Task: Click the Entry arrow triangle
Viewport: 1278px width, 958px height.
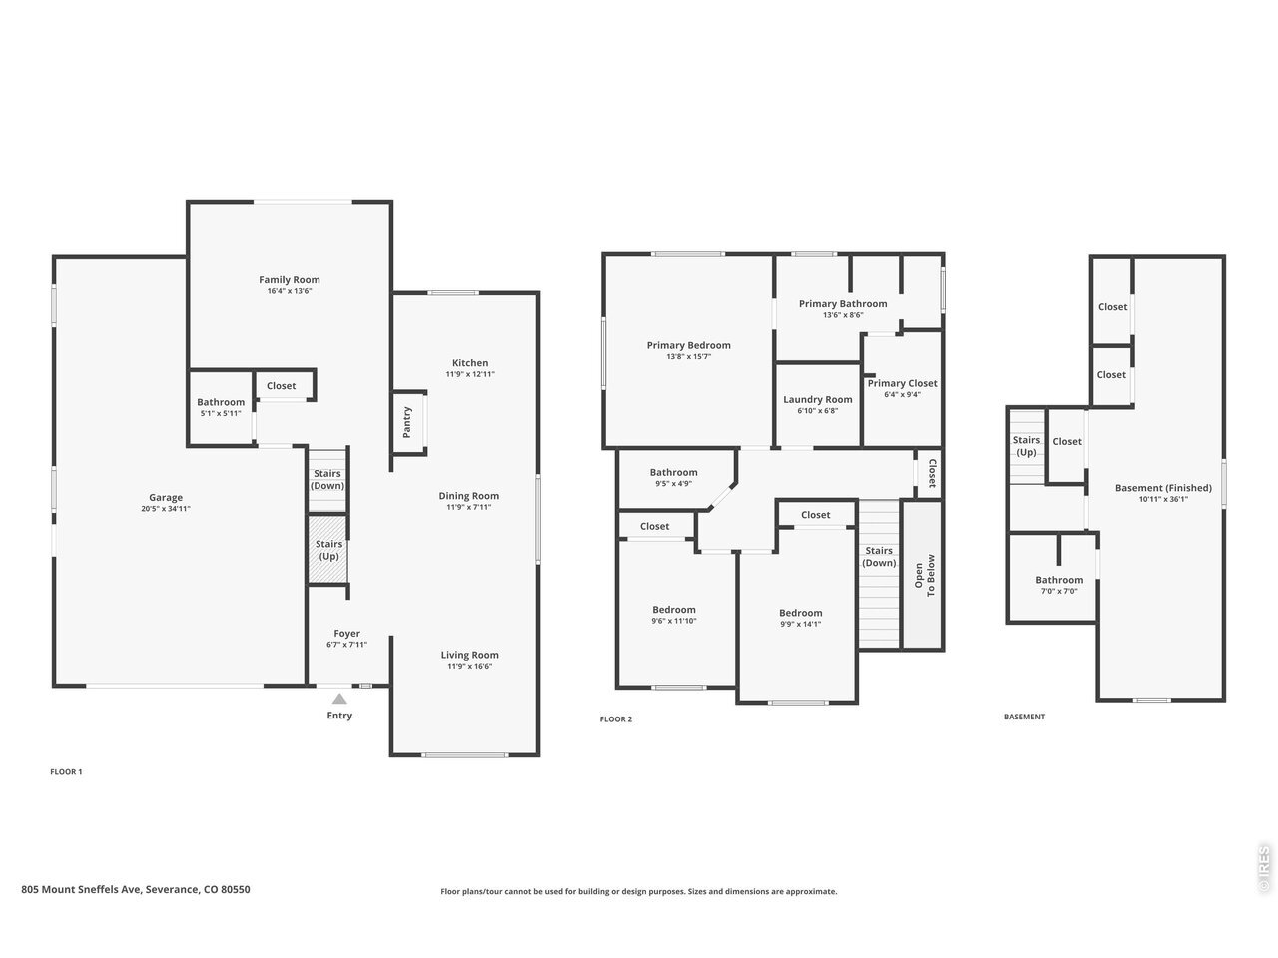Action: (x=339, y=699)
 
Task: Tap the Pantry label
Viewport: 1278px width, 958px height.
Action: (x=407, y=422)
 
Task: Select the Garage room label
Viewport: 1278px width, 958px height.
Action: (x=166, y=497)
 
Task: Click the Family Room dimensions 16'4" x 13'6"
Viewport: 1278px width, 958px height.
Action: (x=290, y=291)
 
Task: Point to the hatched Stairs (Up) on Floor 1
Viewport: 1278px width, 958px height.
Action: (x=327, y=550)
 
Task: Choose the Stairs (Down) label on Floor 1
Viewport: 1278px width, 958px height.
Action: (x=327, y=480)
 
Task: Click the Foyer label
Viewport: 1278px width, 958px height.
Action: (x=347, y=634)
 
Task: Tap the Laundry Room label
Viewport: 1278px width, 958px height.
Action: (x=818, y=399)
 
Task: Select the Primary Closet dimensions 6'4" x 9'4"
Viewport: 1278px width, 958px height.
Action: (x=902, y=395)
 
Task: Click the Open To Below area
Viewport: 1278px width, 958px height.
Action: (x=923, y=575)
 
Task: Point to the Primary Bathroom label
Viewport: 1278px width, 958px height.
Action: (x=843, y=304)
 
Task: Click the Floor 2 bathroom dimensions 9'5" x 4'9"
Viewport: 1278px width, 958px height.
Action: (x=673, y=484)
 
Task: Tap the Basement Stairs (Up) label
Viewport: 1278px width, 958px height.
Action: (x=1026, y=446)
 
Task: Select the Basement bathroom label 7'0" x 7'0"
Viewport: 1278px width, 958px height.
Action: (x=1059, y=591)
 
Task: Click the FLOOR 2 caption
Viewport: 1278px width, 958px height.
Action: (x=615, y=719)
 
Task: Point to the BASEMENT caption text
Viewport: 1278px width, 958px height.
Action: (x=1024, y=718)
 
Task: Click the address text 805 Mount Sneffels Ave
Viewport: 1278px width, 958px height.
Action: (x=81, y=889)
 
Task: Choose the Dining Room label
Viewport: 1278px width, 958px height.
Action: (x=468, y=496)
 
